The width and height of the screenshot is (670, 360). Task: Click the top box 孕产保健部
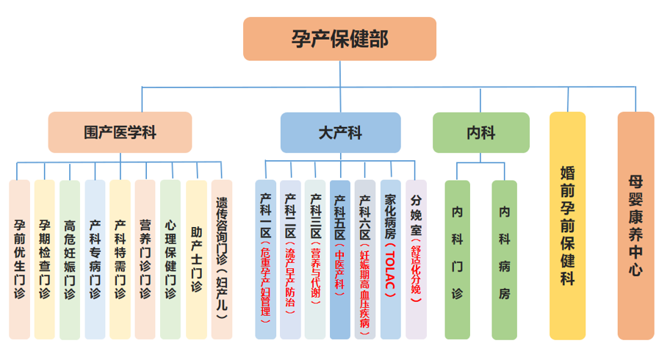[x=339, y=39]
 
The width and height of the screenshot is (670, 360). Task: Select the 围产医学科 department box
[x=120, y=132]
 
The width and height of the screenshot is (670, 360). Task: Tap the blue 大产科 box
[x=340, y=132]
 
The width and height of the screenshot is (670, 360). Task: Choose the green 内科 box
[x=480, y=132]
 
